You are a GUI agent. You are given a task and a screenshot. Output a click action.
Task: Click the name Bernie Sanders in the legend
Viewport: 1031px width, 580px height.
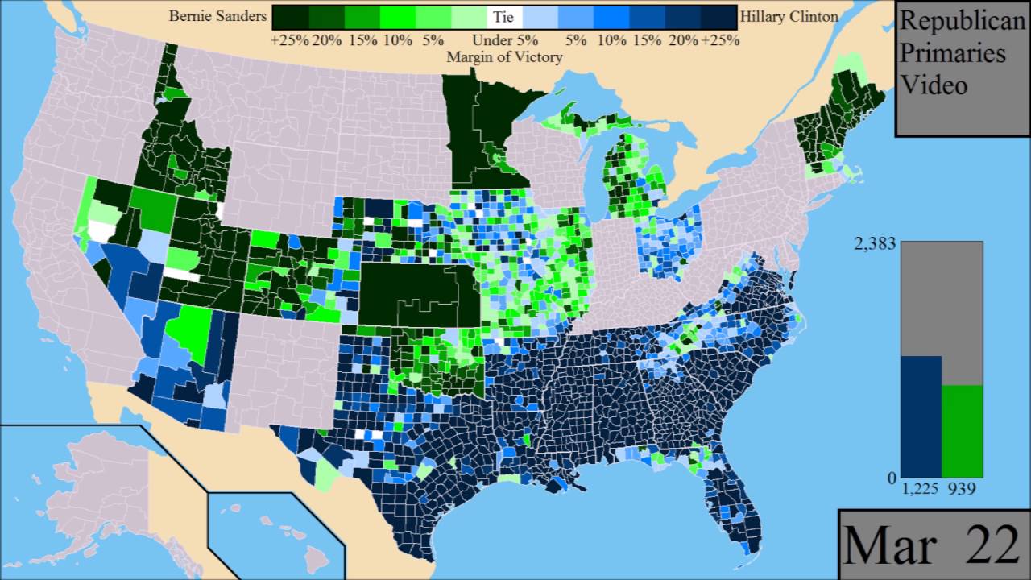217,16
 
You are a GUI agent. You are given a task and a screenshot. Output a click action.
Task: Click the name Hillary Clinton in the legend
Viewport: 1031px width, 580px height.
789,16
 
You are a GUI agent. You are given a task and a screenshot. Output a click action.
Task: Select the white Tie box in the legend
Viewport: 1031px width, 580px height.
505,17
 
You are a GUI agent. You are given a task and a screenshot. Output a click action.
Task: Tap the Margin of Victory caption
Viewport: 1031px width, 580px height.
504,57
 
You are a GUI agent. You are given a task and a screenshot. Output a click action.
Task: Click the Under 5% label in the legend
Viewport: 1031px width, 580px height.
504,40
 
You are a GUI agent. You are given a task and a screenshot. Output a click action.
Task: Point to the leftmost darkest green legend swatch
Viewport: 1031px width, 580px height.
290,17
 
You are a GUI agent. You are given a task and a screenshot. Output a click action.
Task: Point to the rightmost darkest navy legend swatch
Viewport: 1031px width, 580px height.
719,17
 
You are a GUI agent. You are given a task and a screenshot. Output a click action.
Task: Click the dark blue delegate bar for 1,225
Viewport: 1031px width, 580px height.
921,416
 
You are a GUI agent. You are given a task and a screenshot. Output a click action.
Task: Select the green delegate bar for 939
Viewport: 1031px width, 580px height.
962,431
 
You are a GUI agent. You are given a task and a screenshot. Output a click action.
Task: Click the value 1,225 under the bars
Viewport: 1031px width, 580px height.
920,489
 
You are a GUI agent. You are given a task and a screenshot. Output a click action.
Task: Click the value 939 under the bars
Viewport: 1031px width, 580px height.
961,489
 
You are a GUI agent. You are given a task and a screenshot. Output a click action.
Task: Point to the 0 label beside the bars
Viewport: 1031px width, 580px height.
891,478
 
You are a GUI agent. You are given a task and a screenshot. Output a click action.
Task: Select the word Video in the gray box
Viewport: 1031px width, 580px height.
934,84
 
